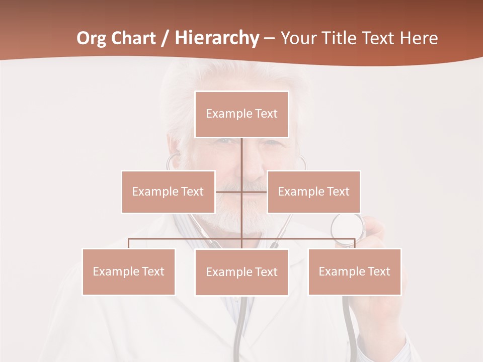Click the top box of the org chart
tap(242, 114)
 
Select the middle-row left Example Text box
tap(168, 192)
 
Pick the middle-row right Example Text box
tap(313, 192)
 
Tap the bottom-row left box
tap(129, 271)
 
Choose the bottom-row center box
tap(242, 272)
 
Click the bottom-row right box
tap(354, 271)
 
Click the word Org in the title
tap(92, 38)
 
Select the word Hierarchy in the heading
tap(216, 38)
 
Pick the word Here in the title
tap(419, 38)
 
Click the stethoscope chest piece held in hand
tap(348, 231)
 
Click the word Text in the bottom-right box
tap(378, 271)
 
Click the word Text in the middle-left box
tap(192, 192)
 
